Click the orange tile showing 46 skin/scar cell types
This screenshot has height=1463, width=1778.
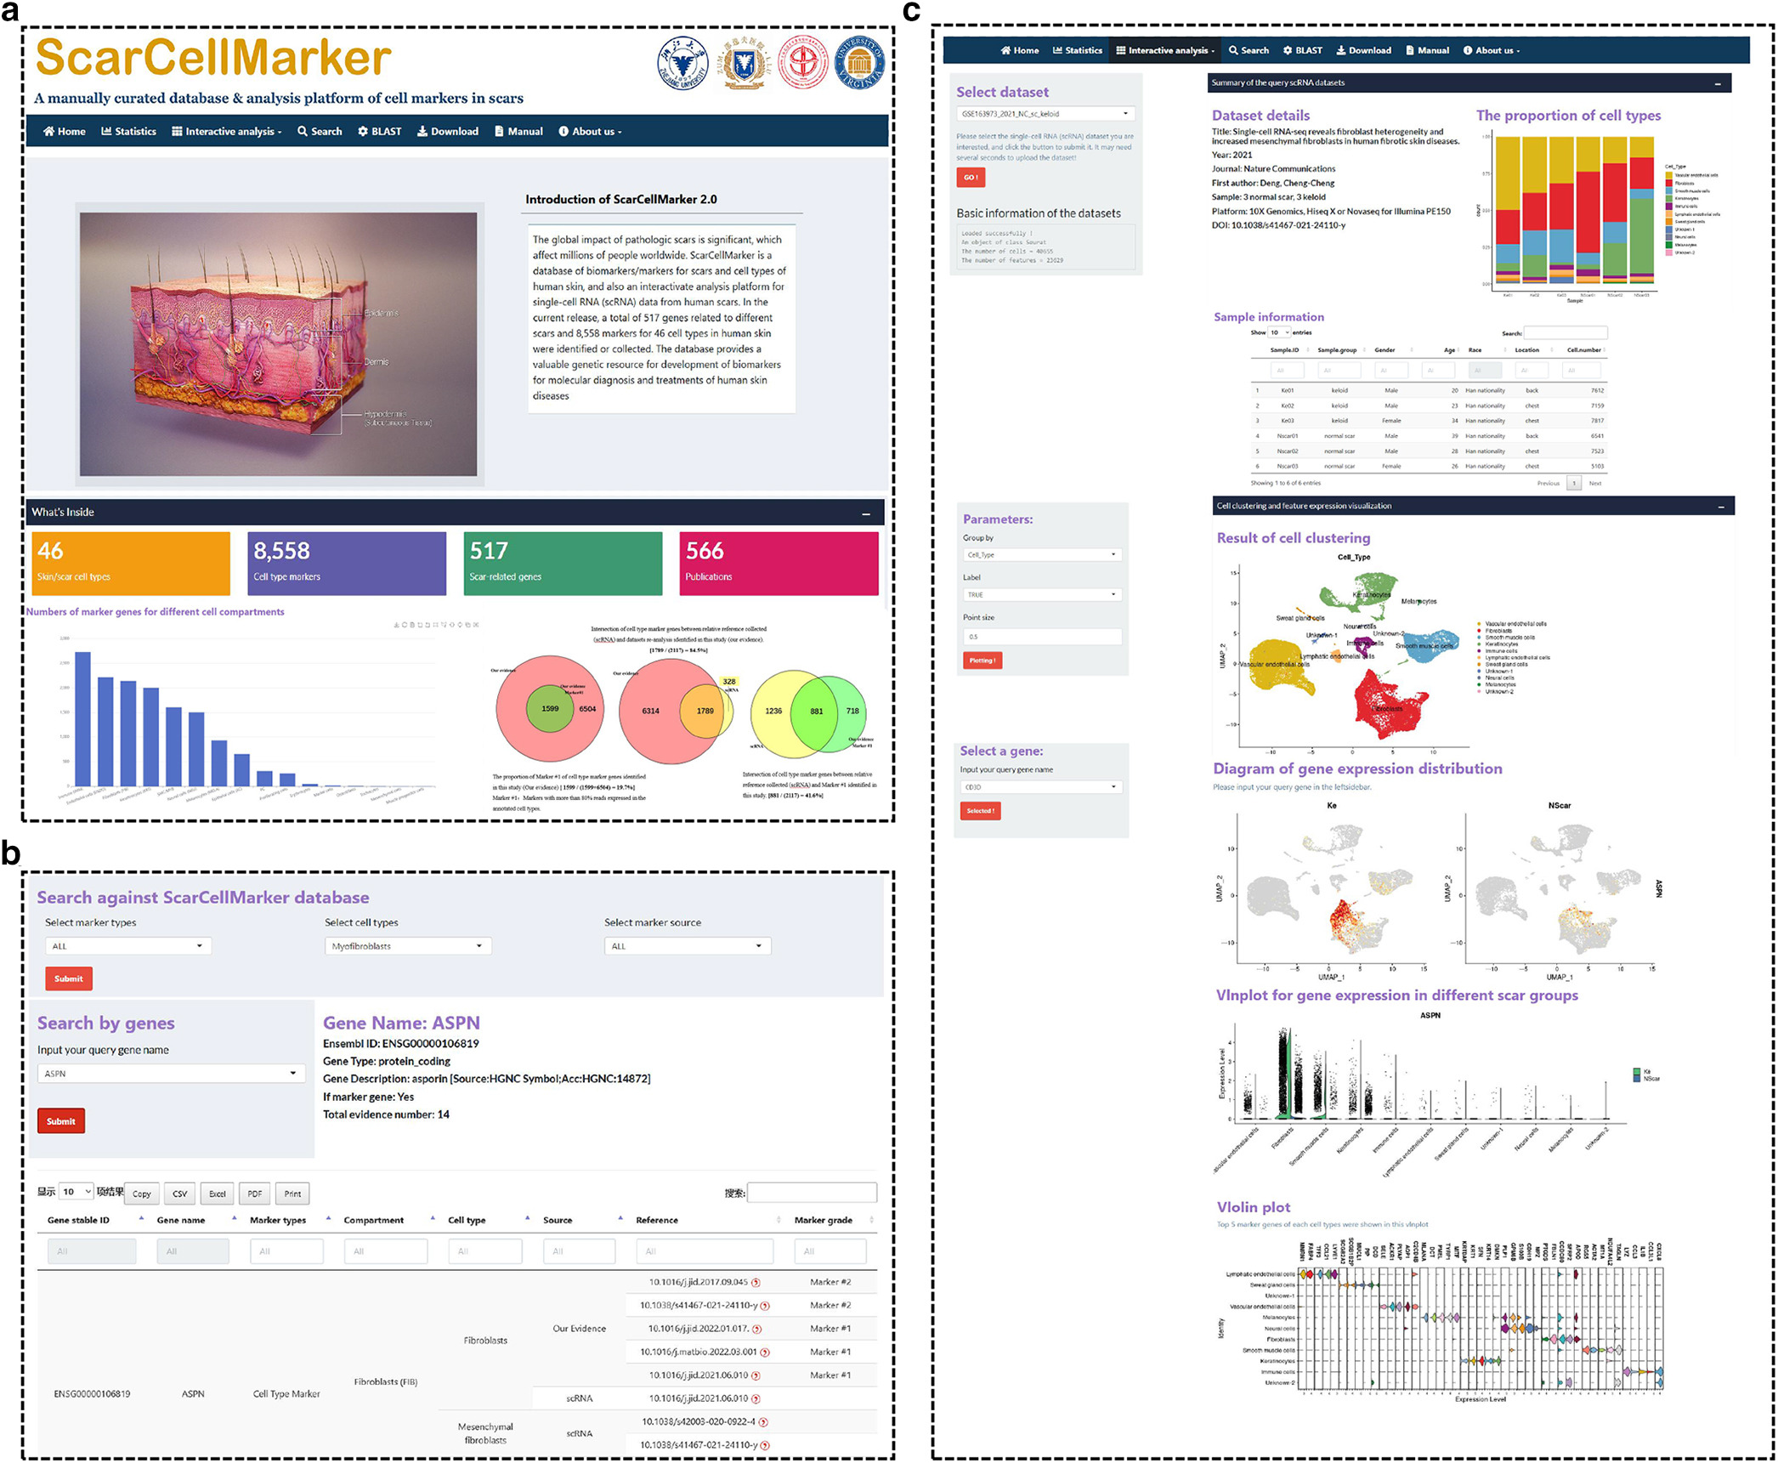tap(130, 563)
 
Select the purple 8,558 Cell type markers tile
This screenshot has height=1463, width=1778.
tap(346, 563)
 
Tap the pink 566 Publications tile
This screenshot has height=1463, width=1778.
tap(778, 563)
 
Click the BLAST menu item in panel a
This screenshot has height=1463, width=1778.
tap(380, 132)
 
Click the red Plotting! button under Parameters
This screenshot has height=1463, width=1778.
tap(982, 661)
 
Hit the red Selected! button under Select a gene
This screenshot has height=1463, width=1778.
tap(980, 811)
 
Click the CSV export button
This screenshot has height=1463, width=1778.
tap(180, 1194)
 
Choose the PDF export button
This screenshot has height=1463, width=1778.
tap(255, 1194)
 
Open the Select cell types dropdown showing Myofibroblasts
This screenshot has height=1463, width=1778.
tap(408, 946)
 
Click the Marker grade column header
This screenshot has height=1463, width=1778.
tap(823, 1220)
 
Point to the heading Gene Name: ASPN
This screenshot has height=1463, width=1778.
tap(401, 1023)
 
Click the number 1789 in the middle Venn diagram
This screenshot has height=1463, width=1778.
tap(705, 711)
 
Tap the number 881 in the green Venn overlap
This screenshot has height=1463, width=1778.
tap(816, 712)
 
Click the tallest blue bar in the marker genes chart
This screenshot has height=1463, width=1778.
tap(82, 718)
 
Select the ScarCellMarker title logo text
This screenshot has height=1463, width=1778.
tap(213, 58)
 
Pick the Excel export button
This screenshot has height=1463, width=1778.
tap(218, 1194)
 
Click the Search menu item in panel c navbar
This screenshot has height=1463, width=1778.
tap(1249, 51)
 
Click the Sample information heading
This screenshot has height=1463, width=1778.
tap(1268, 317)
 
